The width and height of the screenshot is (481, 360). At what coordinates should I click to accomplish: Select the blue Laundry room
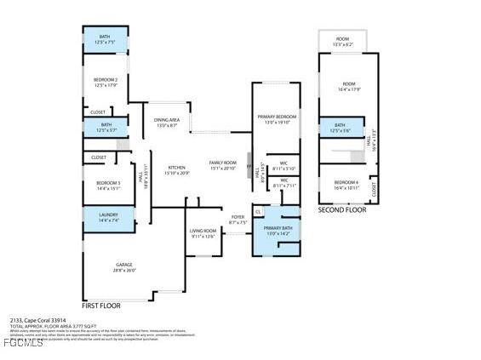(108, 219)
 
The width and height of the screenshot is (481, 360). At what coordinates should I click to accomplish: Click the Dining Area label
(166, 123)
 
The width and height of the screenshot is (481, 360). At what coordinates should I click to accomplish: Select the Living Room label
(203, 233)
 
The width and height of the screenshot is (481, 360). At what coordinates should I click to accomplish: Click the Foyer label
(238, 219)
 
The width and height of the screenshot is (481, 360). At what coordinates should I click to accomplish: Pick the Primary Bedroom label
(277, 118)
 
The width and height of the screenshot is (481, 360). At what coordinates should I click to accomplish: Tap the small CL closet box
(258, 211)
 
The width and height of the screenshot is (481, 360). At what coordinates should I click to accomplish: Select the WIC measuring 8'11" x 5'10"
(284, 164)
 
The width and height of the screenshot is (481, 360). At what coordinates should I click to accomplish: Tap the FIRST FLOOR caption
(101, 305)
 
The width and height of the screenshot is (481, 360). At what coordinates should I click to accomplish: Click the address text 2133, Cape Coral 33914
(37, 321)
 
